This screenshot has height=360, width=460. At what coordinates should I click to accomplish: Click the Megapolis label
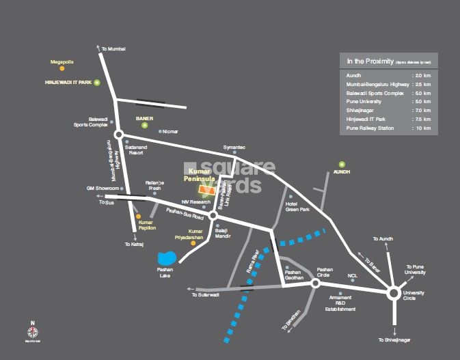pos(62,61)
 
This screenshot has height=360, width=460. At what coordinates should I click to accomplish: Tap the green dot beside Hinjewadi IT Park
pos(97,83)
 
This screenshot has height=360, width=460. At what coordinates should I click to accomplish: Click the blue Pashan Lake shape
pos(166,259)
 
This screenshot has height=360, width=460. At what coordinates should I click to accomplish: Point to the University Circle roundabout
pos(394,293)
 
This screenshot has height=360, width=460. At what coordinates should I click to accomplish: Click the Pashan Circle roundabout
pos(316,282)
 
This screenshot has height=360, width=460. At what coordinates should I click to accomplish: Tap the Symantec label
pos(234,147)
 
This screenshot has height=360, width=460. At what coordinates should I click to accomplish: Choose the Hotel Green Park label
pos(297,207)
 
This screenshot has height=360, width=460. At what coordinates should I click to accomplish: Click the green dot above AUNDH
pos(342,164)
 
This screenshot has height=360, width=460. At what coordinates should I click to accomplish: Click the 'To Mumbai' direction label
pos(114,49)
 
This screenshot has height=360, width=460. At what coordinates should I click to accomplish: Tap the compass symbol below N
pos(32,331)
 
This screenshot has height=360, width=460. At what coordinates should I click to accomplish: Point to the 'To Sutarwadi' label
pos(206,294)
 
